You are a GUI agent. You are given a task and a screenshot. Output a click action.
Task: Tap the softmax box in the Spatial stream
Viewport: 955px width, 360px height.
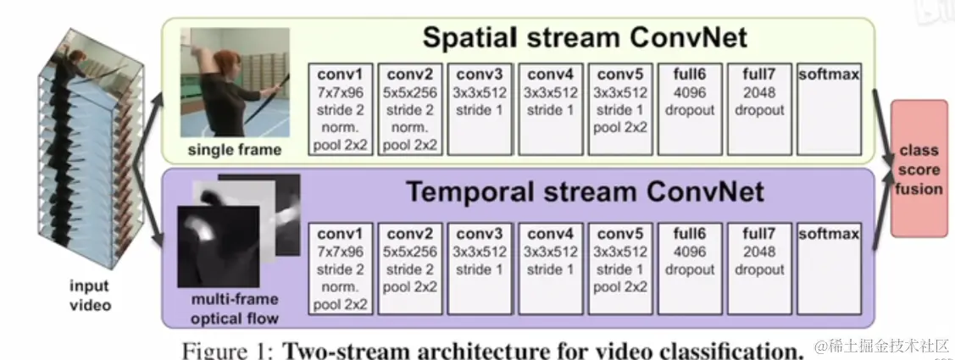829,108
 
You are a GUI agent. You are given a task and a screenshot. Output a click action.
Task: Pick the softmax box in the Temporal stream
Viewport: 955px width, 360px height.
829,268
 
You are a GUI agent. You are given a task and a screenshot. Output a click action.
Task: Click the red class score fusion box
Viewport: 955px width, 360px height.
918,168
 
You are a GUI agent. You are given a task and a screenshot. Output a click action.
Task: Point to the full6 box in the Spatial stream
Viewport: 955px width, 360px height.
690,108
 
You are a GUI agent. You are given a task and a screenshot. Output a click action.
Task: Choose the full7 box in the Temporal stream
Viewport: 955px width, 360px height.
759,268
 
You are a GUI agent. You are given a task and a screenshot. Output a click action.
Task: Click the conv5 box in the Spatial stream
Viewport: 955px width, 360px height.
620,108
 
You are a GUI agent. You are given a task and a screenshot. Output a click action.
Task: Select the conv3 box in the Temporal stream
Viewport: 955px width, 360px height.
480,268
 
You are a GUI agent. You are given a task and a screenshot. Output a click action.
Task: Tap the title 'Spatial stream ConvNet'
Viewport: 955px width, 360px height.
584,38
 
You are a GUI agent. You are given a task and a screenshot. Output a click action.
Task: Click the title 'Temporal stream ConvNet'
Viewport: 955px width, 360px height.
584,191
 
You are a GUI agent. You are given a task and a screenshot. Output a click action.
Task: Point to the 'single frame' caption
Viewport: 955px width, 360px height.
235,150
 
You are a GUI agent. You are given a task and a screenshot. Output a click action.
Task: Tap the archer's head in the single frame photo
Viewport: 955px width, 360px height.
228,62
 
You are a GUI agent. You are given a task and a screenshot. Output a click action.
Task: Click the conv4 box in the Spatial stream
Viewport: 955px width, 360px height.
550,108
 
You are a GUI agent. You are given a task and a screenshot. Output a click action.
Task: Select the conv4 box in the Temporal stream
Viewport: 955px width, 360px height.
550,268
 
